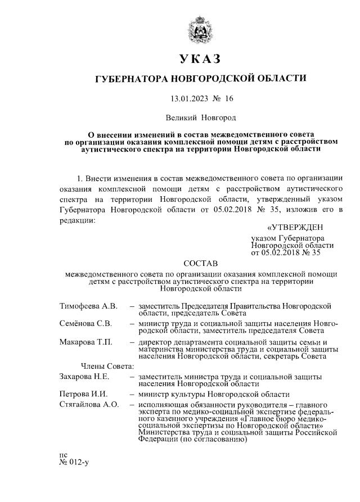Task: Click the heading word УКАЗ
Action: click(201, 59)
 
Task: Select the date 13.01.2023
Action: click(188, 99)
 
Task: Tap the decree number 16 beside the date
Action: click(228, 99)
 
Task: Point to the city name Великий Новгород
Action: click(201, 118)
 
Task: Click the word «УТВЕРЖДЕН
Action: click(295, 227)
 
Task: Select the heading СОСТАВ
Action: click(201, 263)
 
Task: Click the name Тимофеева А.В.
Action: click(88, 306)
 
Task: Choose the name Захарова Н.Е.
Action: click(84, 376)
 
